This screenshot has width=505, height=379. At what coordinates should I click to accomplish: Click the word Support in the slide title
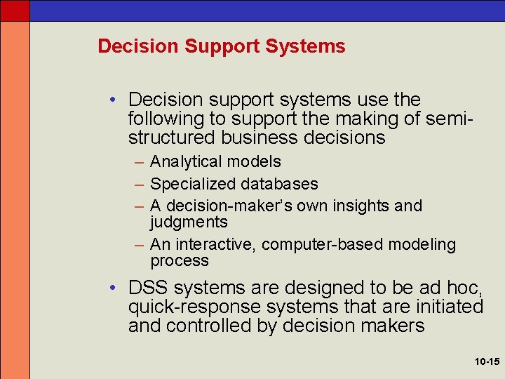click(222, 46)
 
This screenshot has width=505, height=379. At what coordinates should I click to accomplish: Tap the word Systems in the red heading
click(306, 46)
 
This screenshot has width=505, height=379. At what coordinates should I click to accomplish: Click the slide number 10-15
click(486, 362)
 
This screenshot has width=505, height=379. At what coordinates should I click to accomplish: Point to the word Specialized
click(193, 185)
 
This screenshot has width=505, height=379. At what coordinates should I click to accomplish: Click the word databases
click(279, 185)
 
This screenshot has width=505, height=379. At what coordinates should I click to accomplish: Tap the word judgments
click(189, 222)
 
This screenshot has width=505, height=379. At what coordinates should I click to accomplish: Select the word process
click(179, 261)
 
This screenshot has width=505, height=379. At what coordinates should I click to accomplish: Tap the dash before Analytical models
click(138, 162)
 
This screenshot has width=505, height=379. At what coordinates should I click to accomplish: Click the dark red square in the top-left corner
click(15, 10)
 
